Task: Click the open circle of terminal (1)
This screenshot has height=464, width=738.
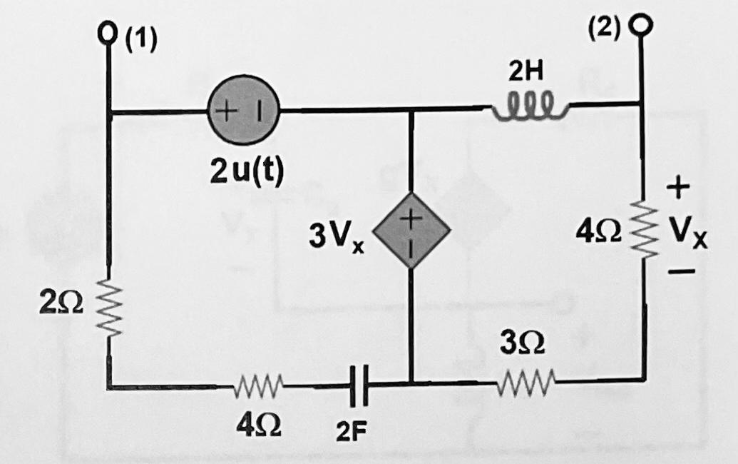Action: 109,34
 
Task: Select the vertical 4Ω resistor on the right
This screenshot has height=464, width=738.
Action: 646,229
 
